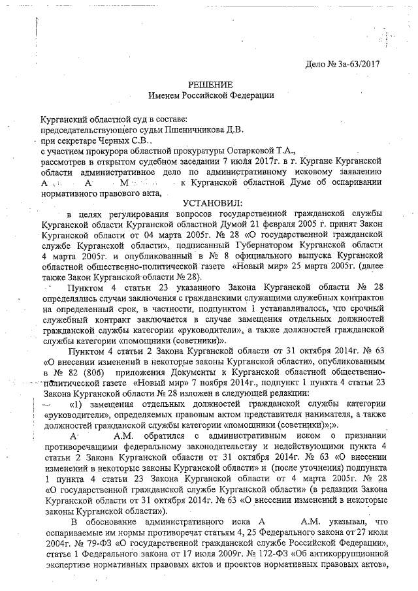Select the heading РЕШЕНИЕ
(x=210, y=85)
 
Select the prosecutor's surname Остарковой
(x=236, y=151)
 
